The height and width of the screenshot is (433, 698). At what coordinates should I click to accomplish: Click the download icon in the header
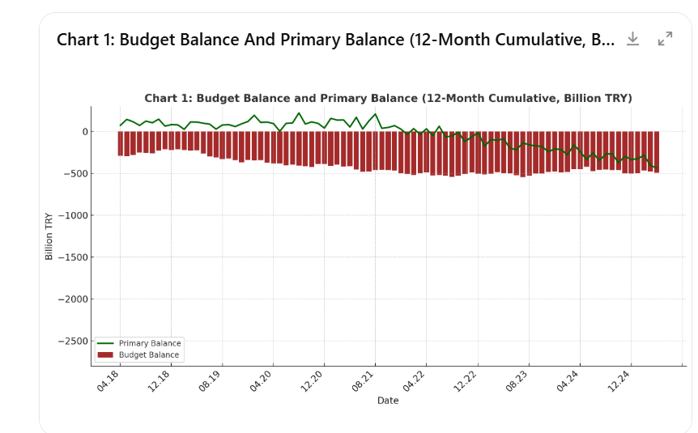pyautogui.click(x=632, y=39)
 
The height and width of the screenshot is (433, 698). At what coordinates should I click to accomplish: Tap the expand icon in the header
pyautogui.click(x=666, y=39)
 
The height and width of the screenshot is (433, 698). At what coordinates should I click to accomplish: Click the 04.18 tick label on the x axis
pyautogui.click(x=109, y=381)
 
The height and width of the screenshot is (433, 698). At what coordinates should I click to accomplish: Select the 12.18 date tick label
pyautogui.click(x=160, y=381)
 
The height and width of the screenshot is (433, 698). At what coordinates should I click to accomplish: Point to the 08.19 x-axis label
pyautogui.click(x=211, y=381)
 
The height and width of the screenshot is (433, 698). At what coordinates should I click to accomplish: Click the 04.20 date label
pyautogui.click(x=262, y=381)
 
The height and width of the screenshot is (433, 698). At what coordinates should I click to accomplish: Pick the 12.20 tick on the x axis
pyautogui.click(x=313, y=381)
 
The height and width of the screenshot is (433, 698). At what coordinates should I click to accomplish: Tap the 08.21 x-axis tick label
pyautogui.click(x=364, y=381)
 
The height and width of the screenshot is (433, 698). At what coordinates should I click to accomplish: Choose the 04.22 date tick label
pyautogui.click(x=415, y=381)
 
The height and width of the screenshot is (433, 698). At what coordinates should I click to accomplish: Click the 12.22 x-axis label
pyautogui.click(x=466, y=381)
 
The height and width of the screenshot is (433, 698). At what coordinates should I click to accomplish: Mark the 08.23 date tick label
pyautogui.click(x=517, y=381)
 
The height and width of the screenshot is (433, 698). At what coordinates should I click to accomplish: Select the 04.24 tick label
pyautogui.click(x=568, y=381)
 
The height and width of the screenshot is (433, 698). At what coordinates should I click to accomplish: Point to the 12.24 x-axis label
pyautogui.click(x=619, y=381)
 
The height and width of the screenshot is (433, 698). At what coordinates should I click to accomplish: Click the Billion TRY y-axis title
pyautogui.click(x=49, y=236)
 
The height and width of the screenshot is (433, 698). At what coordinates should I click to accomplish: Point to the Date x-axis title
pyautogui.click(x=388, y=400)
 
